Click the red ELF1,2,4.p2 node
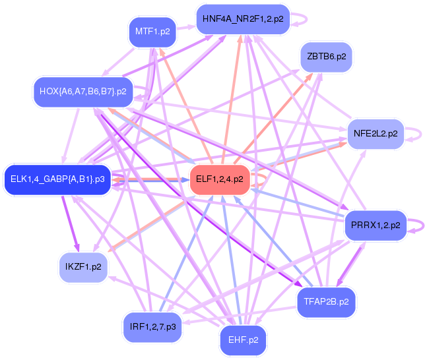pos(219,179)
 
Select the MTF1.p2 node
pos(152,32)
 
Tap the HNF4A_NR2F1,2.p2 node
pos(243,18)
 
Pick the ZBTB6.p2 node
pos(326,57)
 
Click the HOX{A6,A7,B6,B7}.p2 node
pos(82,91)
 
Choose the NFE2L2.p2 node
pos(375,133)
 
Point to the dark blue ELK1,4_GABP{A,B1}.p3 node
pos(57,179)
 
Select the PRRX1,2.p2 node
pos(372,225)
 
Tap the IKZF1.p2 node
pos(83,266)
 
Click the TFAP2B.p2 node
pos(326,302)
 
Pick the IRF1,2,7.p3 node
pos(152,326)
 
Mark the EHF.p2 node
pos(242,340)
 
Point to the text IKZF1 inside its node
pos(78,266)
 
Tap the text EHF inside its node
pos(237,340)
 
